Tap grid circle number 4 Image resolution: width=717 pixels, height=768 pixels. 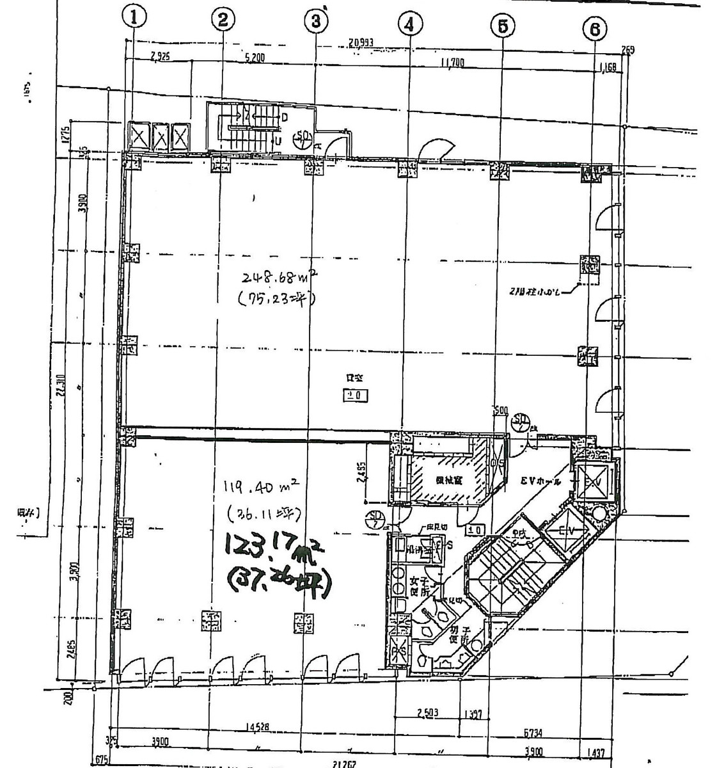click(x=410, y=24)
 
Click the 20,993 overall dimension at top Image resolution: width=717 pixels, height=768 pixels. click(x=362, y=44)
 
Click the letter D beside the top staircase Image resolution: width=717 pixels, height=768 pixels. click(x=283, y=118)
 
